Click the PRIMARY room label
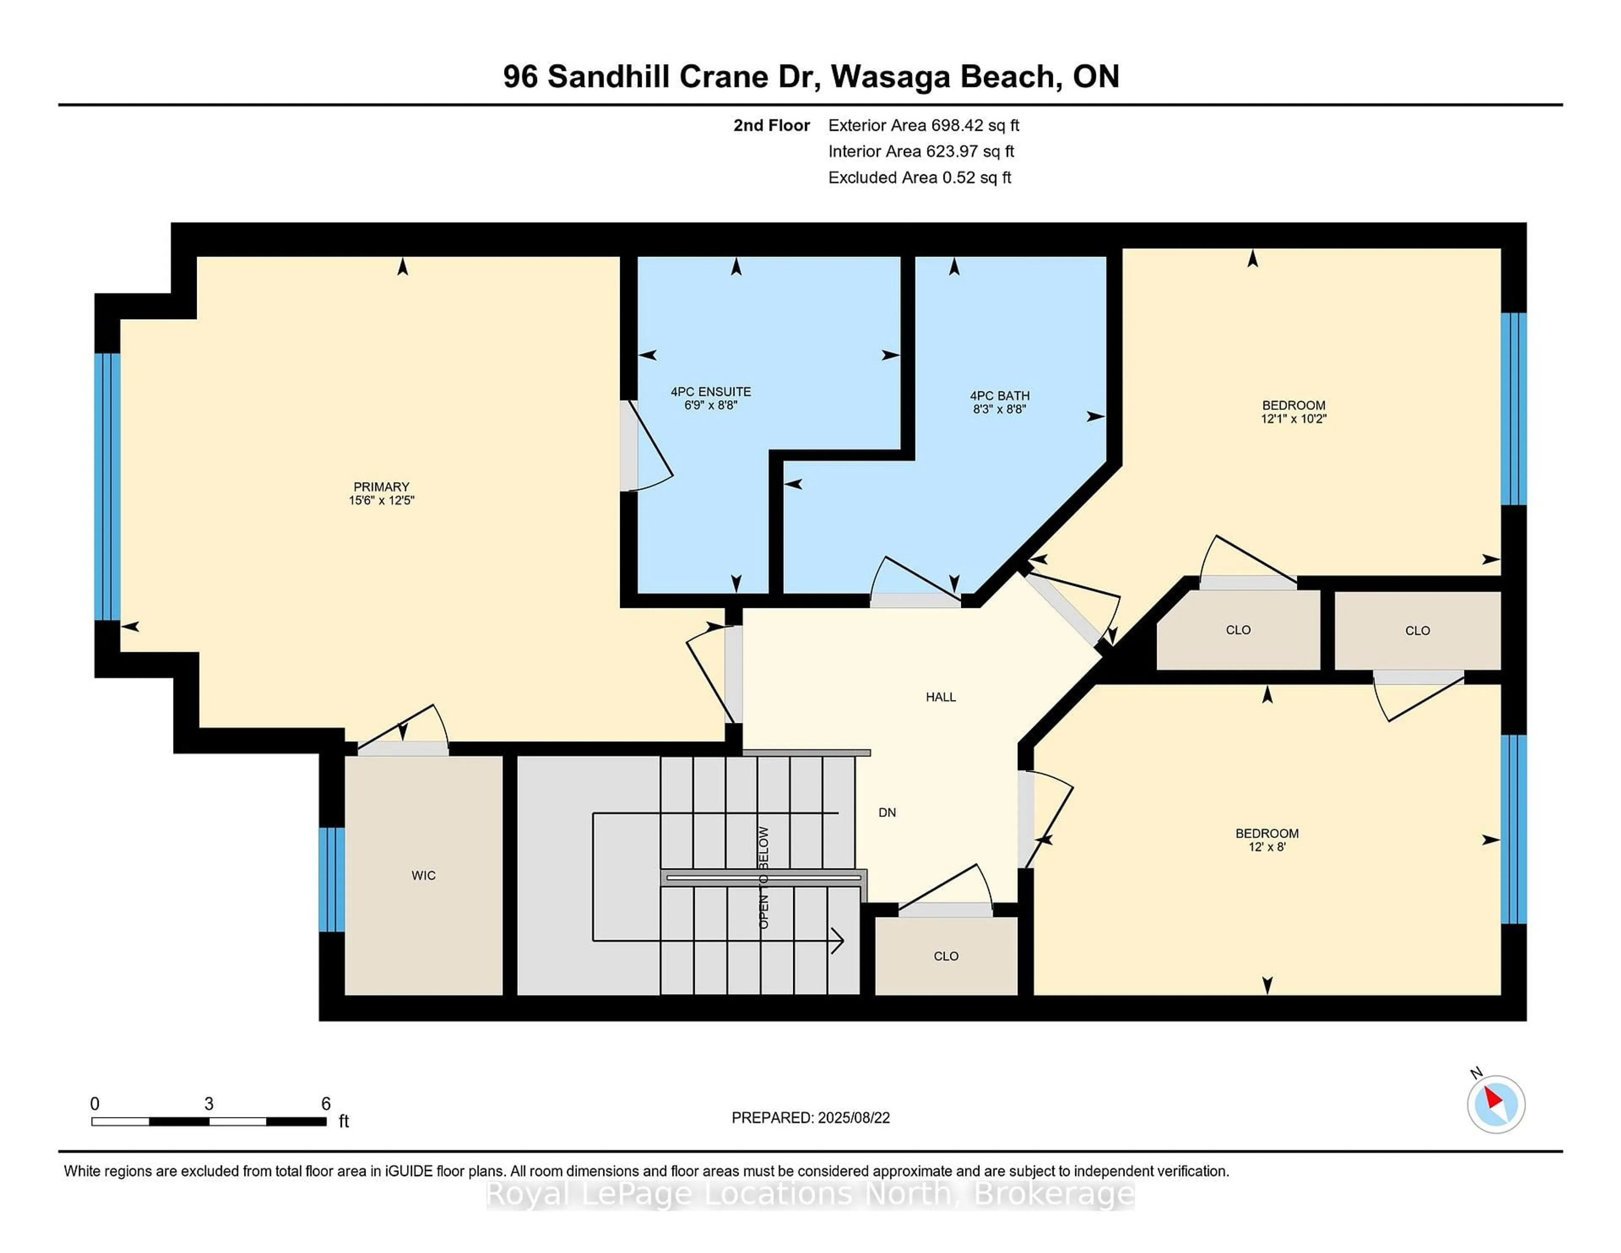[381, 487]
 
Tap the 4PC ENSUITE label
[710, 392]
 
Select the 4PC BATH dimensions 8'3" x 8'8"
[999, 409]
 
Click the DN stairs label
[887, 813]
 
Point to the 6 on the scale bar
[325, 1104]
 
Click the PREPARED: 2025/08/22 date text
[810, 1118]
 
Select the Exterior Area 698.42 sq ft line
[923, 125]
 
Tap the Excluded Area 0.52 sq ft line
[919, 177]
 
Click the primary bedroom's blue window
[107, 486]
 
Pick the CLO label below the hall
[946, 956]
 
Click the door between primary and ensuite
[629, 445]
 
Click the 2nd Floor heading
[771, 125]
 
